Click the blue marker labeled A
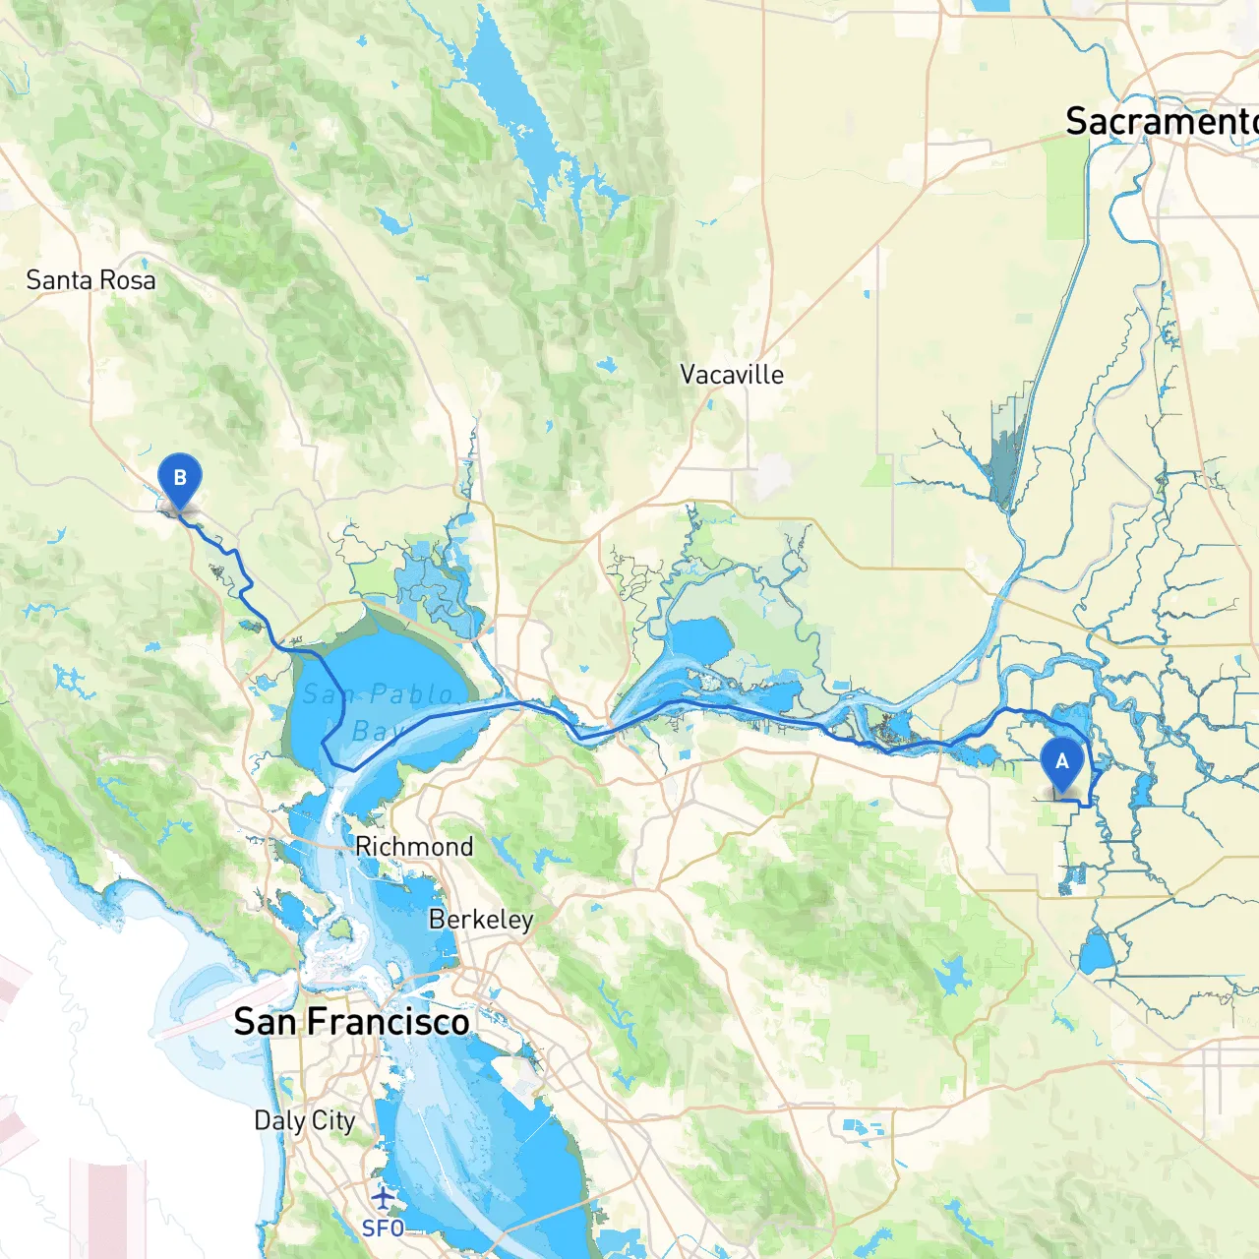click(1061, 763)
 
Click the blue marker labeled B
click(179, 480)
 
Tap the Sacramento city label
click(1161, 121)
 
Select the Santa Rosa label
click(90, 280)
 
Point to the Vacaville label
click(732, 375)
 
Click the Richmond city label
click(413, 847)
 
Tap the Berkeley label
click(481, 920)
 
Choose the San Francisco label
click(351, 1022)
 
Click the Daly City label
click(304, 1120)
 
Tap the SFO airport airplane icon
click(383, 1197)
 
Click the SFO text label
click(383, 1229)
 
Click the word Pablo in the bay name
click(411, 694)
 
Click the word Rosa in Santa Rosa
click(128, 280)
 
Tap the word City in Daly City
click(333, 1120)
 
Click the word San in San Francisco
click(266, 1022)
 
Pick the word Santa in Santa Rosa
click(59, 280)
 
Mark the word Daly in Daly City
click(279, 1120)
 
